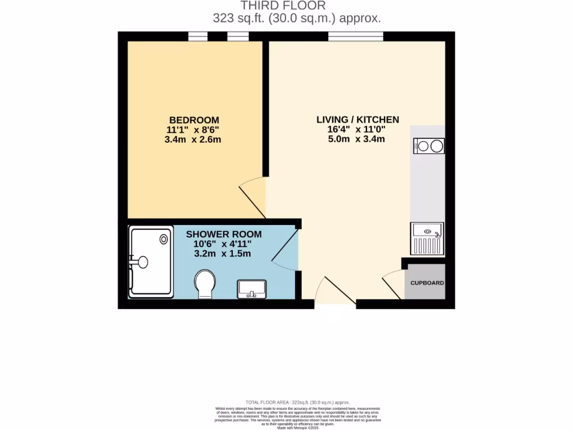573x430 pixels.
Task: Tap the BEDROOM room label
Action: click(x=194, y=120)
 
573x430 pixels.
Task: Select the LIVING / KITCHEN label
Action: click(x=358, y=119)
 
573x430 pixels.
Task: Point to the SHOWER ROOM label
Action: click(x=223, y=234)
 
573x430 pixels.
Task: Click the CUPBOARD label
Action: click(x=427, y=283)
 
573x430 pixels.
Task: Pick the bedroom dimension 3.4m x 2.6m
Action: click(x=193, y=139)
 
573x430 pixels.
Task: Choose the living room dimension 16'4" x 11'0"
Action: click(x=356, y=129)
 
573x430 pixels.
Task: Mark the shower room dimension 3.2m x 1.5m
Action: click(x=222, y=254)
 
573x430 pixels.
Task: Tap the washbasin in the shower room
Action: click(x=252, y=289)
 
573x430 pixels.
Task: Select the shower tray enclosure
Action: click(x=151, y=261)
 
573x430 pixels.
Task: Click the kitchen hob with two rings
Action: click(x=429, y=146)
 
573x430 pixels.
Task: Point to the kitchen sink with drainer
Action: click(x=427, y=239)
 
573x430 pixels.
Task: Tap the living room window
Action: click(x=355, y=36)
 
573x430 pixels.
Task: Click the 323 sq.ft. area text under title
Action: click(x=297, y=18)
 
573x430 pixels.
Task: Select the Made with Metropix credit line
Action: click(x=298, y=428)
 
